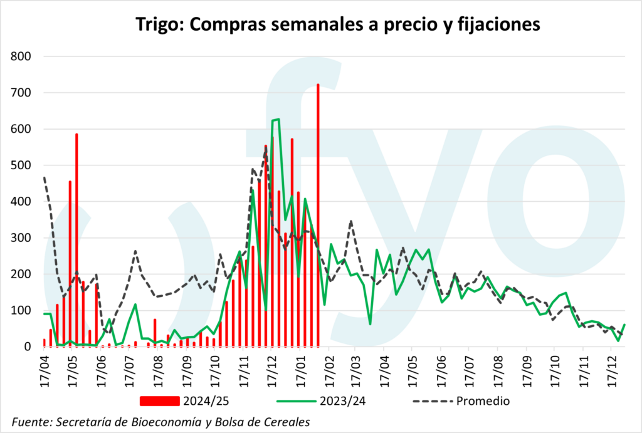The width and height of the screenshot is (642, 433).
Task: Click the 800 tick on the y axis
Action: pos(23,57)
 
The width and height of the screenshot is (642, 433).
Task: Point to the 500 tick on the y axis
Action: pos(23,166)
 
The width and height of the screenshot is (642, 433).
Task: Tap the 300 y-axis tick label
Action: pos(23,238)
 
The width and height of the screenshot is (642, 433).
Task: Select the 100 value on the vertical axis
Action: pos(23,311)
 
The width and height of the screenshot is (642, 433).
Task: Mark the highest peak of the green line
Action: pos(278,119)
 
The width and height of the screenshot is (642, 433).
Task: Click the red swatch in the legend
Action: pos(160,400)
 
